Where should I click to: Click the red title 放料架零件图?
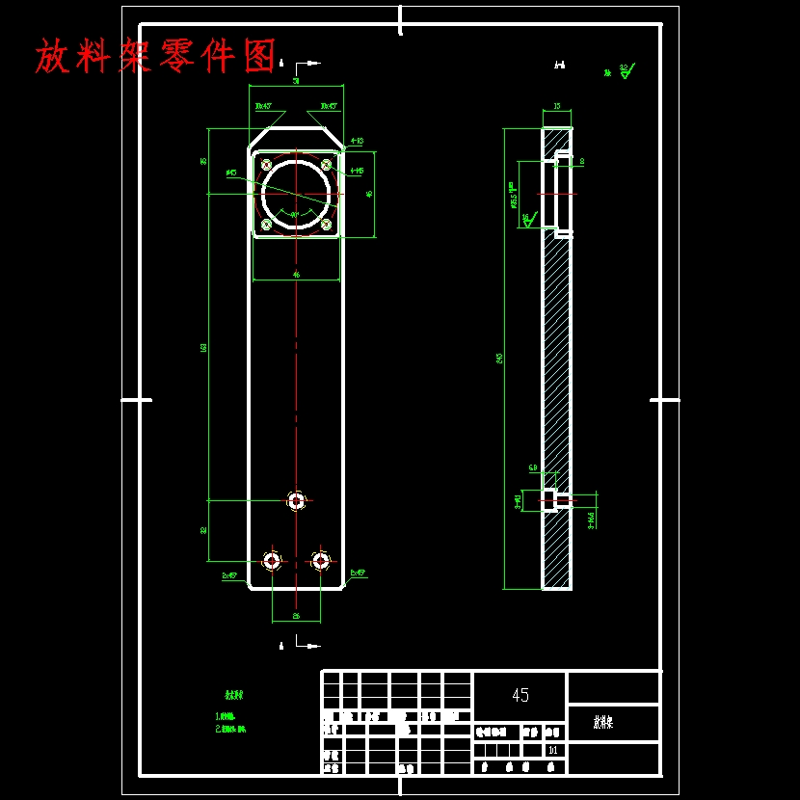[x=156, y=56]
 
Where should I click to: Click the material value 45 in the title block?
[x=520, y=695]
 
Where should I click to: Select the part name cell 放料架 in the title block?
[x=603, y=722]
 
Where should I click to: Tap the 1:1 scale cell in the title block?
[x=552, y=750]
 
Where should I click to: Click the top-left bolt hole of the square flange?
[x=267, y=165]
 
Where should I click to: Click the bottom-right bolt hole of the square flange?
[x=327, y=225]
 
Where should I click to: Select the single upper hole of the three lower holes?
[x=296, y=501]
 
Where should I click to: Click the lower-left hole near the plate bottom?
[x=272, y=560]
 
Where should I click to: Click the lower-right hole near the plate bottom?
[x=321, y=560]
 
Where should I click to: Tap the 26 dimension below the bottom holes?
[x=296, y=615]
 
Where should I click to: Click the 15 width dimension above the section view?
[x=556, y=107]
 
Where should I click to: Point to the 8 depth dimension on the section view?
[x=581, y=162]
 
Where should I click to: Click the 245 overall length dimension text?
[x=499, y=358]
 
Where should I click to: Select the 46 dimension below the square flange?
[x=296, y=275]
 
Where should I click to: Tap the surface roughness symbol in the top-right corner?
[x=626, y=70]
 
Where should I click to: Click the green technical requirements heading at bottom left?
[x=233, y=695]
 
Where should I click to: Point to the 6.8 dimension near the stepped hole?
[x=533, y=467]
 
